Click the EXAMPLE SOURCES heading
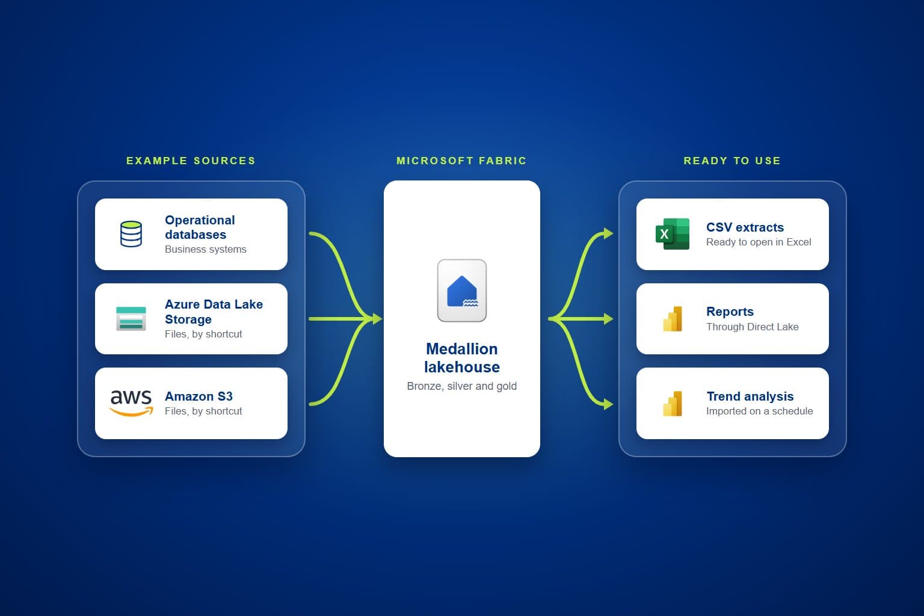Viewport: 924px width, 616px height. [x=191, y=161]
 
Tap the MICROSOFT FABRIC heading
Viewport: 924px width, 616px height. [x=461, y=161]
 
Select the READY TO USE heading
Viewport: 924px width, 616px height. [x=732, y=161]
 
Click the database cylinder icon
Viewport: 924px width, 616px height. [x=131, y=234]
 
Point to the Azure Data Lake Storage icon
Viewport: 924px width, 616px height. [x=131, y=318]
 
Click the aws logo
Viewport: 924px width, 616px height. [x=131, y=402]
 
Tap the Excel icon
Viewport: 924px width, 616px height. [x=673, y=234]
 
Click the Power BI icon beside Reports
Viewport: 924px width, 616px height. [x=673, y=318]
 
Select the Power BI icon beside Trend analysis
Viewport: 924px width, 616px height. [x=673, y=404]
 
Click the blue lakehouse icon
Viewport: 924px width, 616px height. [x=462, y=291]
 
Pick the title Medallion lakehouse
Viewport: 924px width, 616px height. [x=462, y=358]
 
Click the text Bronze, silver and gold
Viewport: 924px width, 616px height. [x=462, y=386]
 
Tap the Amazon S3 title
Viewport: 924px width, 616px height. [x=199, y=396]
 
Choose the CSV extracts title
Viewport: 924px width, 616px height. [x=745, y=227]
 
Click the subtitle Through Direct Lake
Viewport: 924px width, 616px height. [x=753, y=327]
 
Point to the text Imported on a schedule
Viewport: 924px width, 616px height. [x=759, y=411]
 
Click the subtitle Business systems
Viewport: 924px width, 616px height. [x=205, y=249]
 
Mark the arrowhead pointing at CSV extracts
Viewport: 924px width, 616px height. [x=608, y=233]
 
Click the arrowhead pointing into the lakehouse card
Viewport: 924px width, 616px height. [x=377, y=318]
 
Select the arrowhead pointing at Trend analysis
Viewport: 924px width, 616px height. [x=608, y=404]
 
